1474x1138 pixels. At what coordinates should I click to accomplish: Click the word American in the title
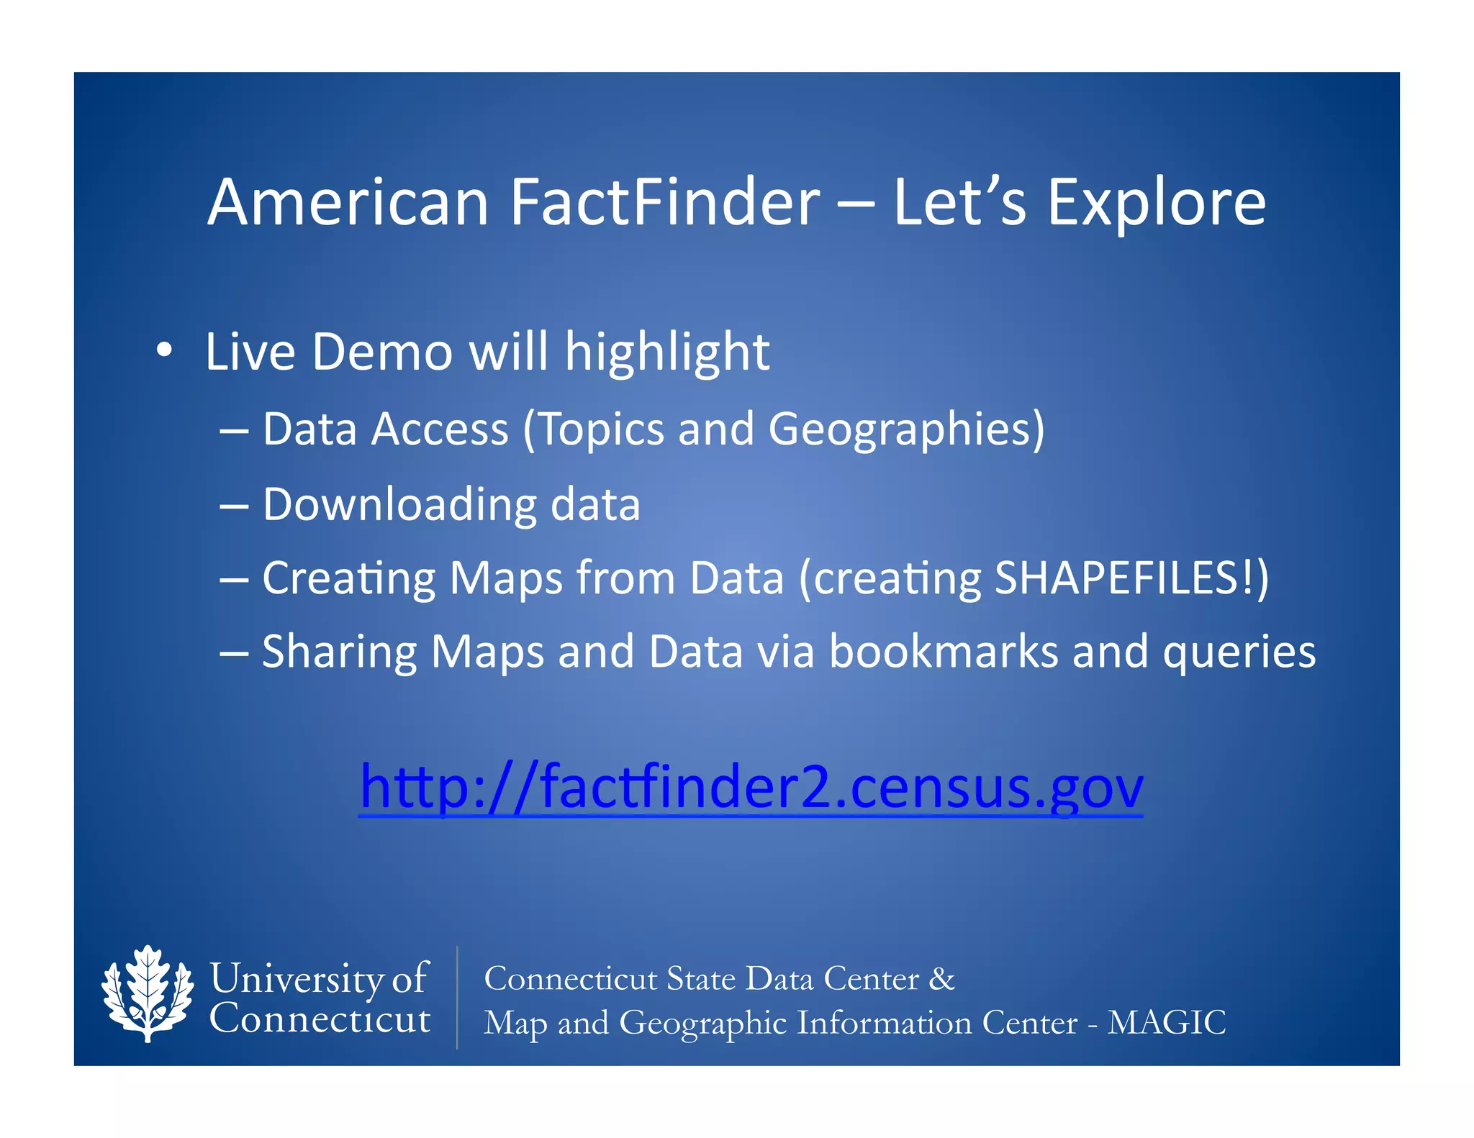point(348,203)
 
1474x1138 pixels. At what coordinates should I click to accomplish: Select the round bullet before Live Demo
point(164,350)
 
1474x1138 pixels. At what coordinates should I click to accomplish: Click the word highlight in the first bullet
point(666,354)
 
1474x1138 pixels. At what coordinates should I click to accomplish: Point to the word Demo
point(382,352)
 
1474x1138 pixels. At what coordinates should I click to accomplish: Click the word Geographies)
point(906,430)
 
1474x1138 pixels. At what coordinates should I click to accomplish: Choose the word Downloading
point(399,504)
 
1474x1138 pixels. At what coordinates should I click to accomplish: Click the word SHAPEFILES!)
point(1131,578)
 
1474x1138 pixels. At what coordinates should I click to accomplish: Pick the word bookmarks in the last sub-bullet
point(944,652)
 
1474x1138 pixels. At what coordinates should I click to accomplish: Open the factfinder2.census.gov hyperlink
point(751,787)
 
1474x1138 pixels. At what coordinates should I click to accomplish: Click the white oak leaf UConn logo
point(148,993)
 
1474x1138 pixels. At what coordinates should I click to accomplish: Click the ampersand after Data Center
point(941,979)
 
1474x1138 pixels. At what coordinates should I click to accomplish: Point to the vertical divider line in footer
point(457,997)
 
